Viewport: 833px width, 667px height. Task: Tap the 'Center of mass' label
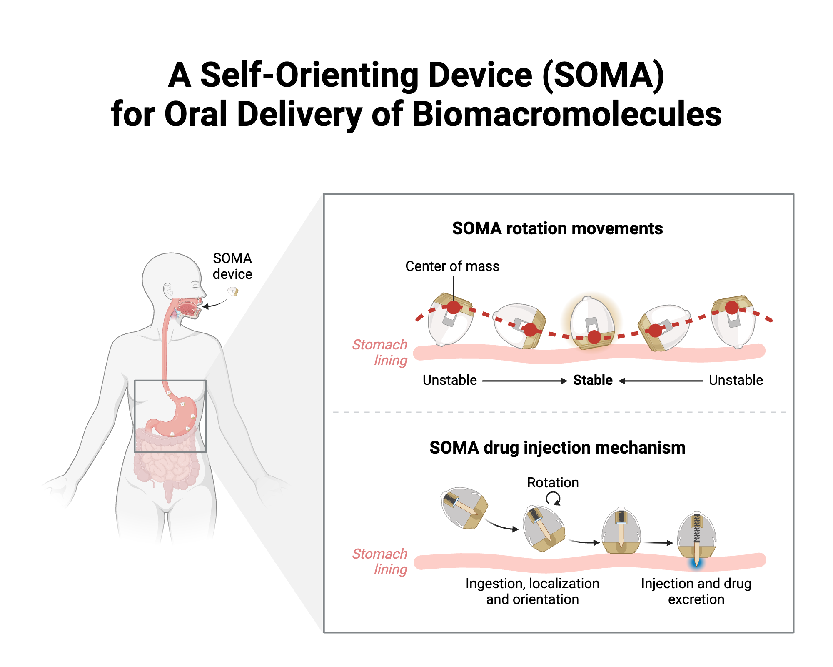[x=452, y=266]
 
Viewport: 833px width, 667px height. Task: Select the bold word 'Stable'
[x=593, y=380]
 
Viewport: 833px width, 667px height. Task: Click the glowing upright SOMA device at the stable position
[x=592, y=321]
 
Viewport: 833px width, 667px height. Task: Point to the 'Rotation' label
[x=553, y=483]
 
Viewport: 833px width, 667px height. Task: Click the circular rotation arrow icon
[x=554, y=498]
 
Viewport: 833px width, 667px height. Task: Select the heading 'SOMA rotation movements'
[x=557, y=228]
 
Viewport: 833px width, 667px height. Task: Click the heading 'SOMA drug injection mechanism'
[x=557, y=448]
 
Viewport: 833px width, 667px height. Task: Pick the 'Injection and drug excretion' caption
[x=696, y=592]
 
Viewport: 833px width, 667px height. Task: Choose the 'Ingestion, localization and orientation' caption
[x=532, y=592]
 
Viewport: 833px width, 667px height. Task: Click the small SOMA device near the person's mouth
[x=233, y=291]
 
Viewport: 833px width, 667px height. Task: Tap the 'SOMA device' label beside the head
[x=232, y=266]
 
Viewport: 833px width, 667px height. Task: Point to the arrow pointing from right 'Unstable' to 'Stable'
[x=661, y=381]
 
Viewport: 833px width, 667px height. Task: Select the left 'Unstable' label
[x=449, y=380]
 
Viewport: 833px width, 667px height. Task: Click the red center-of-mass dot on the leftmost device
[x=454, y=308]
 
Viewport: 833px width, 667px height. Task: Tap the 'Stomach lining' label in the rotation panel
[x=380, y=353]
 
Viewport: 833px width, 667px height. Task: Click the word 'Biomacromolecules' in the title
[x=567, y=114]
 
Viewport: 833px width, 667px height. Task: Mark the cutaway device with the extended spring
[x=696, y=536]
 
